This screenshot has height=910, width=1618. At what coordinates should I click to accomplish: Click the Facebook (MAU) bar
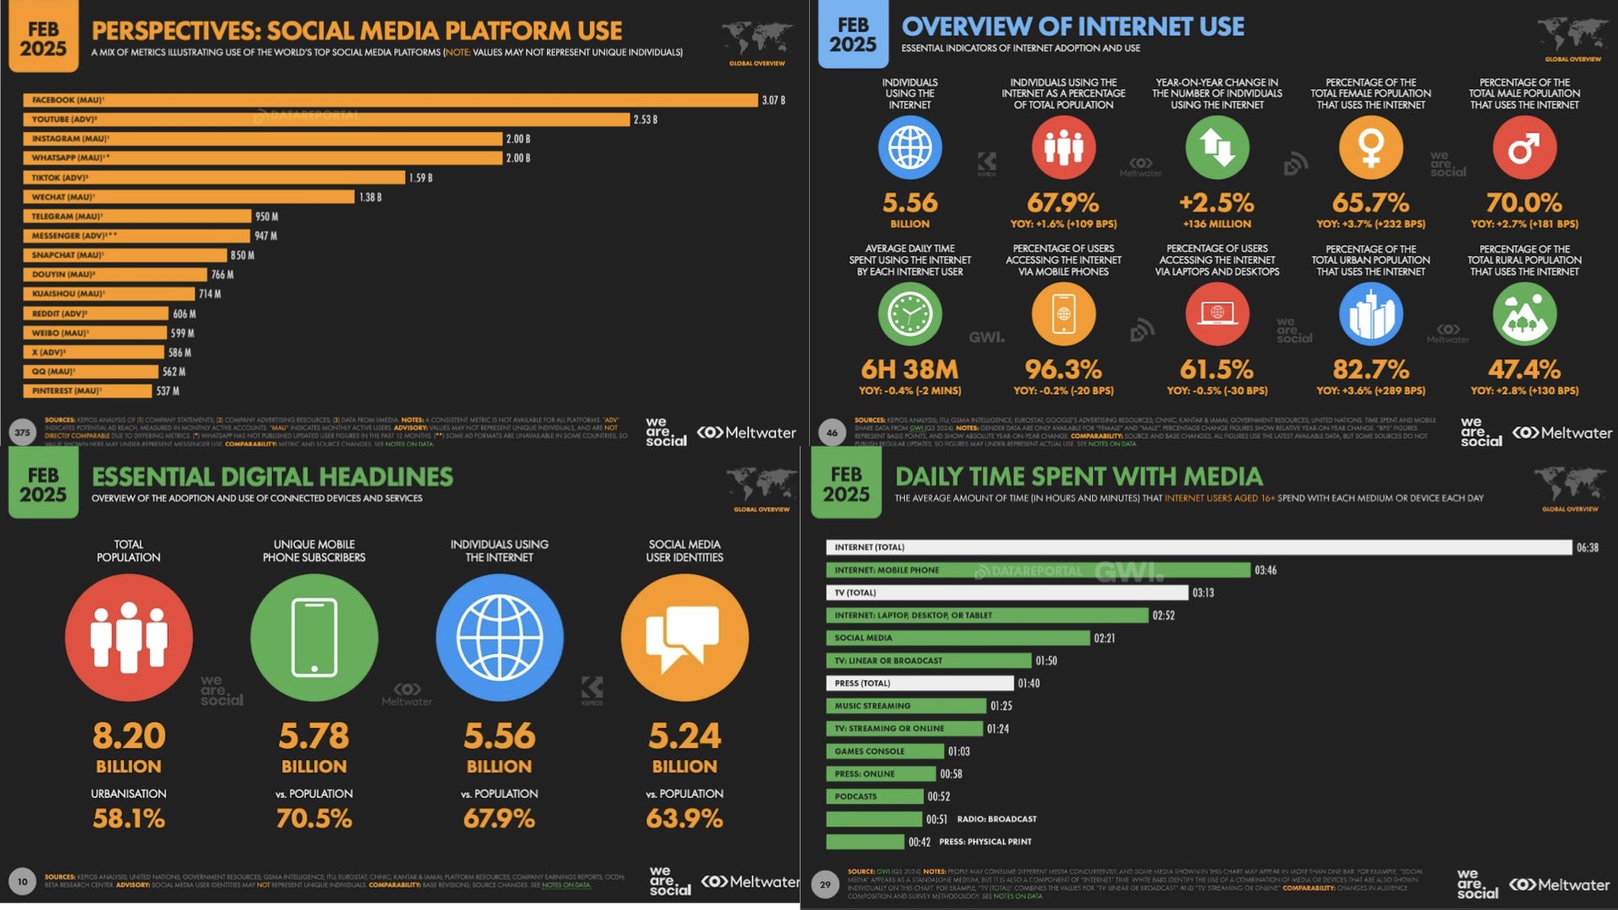click(390, 100)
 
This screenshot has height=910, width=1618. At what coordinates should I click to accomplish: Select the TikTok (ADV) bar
click(214, 178)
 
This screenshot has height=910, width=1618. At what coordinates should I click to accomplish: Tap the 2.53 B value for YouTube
click(646, 120)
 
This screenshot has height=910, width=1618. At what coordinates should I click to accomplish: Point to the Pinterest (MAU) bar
click(88, 391)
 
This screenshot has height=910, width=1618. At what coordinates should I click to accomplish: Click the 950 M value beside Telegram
click(266, 217)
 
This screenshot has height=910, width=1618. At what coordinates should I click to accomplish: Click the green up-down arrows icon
click(1217, 147)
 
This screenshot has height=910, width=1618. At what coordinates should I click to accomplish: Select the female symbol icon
click(1371, 147)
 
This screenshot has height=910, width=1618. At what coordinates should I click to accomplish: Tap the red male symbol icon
click(1524, 147)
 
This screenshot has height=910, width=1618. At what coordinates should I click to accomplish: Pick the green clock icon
click(910, 314)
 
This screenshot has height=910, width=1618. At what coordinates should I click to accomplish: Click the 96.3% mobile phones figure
click(1063, 369)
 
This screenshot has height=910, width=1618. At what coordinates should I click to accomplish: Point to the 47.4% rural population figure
click(1524, 369)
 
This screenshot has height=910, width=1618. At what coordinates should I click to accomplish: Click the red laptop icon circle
click(1217, 314)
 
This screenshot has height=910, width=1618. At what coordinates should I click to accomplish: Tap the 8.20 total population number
click(129, 736)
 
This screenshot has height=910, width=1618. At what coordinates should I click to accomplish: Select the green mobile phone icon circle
click(314, 638)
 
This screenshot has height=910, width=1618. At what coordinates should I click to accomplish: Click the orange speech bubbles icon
click(684, 638)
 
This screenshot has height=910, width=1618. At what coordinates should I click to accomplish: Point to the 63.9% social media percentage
click(684, 818)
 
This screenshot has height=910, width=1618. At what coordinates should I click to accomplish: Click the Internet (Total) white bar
click(1198, 548)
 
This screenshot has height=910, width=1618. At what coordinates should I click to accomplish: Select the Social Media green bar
click(958, 638)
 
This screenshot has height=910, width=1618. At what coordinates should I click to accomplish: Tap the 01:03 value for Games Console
click(959, 752)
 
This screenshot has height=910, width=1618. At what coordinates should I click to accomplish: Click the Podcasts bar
click(875, 796)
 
